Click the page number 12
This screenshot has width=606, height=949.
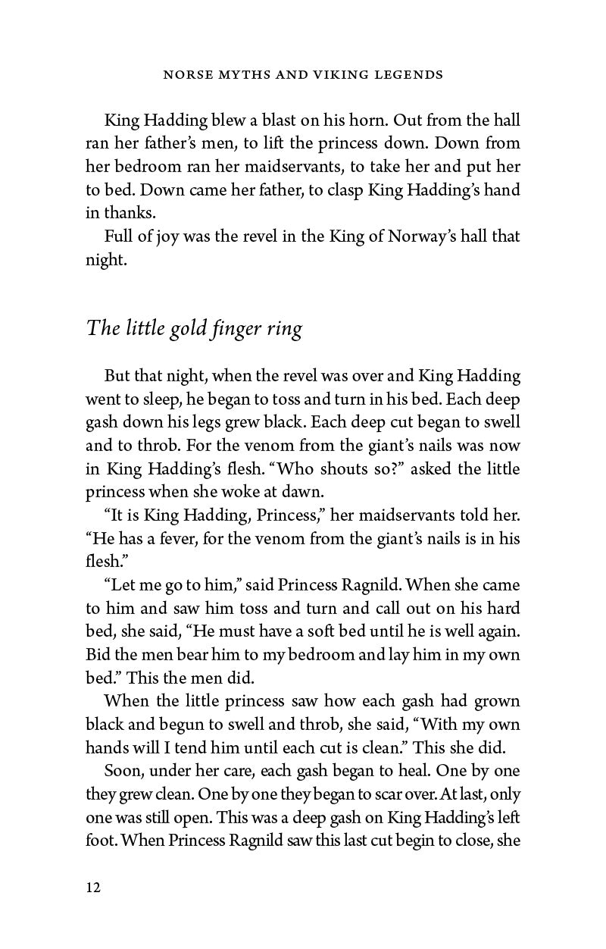(x=92, y=887)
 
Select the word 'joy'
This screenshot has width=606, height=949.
(x=168, y=236)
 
